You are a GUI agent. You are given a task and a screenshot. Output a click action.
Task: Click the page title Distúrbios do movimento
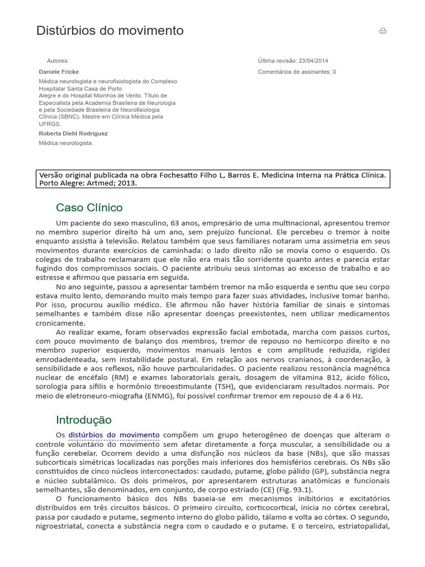[x=110, y=31]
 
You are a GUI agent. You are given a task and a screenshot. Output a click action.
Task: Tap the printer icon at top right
[x=382, y=31]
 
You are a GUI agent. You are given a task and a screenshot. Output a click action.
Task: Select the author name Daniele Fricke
[x=59, y=72]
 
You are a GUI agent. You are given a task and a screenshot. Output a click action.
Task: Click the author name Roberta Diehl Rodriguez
[x=73, y=133]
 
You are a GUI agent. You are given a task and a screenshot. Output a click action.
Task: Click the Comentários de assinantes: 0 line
[x=297, y=72]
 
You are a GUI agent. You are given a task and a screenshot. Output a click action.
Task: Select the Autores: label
[x=58, y=61]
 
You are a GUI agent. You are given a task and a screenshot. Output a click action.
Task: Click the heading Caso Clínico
[x=89, y=208]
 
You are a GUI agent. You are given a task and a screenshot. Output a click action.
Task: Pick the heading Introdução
[x=84, y=420]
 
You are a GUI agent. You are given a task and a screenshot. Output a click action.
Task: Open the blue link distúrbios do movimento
[x=113, y=435]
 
